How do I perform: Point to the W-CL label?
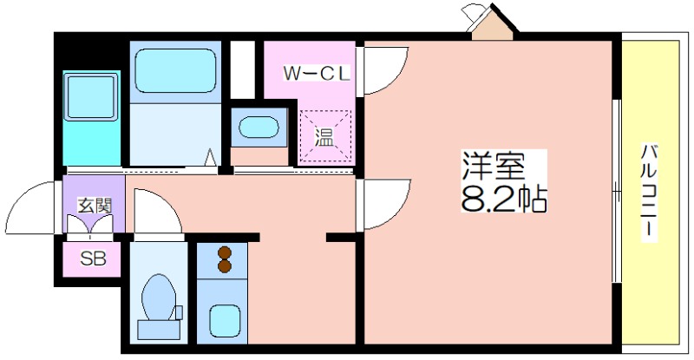pos(317,73)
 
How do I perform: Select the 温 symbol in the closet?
pos(324,136)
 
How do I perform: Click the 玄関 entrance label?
pos(95,206)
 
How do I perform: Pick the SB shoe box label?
pos(94,259)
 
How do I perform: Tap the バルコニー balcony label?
pos(649,193)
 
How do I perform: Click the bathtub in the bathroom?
pos(176,71)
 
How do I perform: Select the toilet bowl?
pos(159,298)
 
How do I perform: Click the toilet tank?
pos(159,329)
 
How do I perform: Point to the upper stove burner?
pos(225,252)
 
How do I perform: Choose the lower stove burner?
pos(225,265)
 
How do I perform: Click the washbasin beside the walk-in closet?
pos(259,128)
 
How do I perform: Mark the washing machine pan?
pos(92,96)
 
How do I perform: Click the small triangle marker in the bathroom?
pos(212,157)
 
